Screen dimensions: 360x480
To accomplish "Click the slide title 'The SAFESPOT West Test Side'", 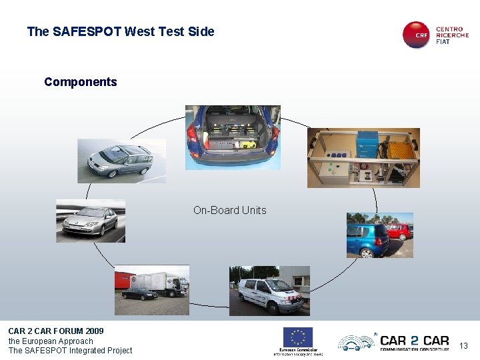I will tap(121, 31).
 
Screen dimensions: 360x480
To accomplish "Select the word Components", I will tap(80, 82).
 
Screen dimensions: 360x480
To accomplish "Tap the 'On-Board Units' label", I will tap(229, 210).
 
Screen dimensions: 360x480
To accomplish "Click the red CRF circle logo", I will tap(417, 35).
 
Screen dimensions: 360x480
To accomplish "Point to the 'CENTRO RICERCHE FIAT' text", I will tap(452, 35).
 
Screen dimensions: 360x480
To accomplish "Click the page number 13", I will tap(464, 345).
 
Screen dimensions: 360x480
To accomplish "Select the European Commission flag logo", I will tap(297, 337).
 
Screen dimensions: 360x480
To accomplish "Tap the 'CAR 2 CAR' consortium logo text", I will tap(414, 341).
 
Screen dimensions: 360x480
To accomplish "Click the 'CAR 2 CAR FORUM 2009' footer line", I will tap(56, 331).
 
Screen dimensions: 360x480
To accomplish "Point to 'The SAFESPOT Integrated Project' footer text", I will tap(70, 351).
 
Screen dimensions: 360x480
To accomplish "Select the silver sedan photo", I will tap(90, 221).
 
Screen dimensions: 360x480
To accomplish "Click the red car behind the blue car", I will tap(399, 231).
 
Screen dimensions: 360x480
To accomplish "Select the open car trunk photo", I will tap(232, 136).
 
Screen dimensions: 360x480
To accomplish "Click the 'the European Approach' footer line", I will tap(51, 341).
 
